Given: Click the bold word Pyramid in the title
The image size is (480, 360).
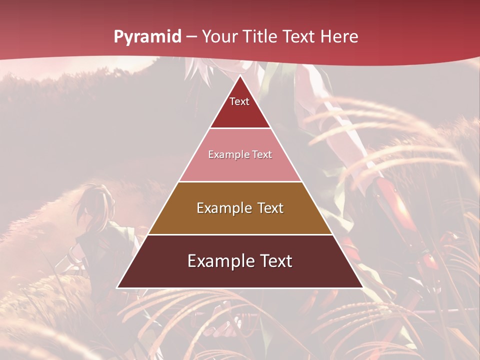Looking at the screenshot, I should click(x=147, y=37).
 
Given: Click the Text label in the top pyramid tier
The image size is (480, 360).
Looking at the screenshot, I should click(x=239, y=101).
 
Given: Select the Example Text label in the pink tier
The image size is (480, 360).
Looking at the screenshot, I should click(x=240, y=155).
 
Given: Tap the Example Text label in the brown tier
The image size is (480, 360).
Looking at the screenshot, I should click(x=240, y=208).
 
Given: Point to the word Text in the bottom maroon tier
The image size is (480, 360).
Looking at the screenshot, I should click(x=274, y=261).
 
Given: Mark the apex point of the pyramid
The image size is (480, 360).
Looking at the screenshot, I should click(x=240, y=75).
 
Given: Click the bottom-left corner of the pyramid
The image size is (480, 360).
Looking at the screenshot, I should click(x=117, y=287).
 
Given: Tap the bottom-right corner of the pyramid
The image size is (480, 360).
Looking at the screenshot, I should click(x=363, y=287).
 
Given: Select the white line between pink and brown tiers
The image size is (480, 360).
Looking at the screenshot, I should click(x=240, y=181).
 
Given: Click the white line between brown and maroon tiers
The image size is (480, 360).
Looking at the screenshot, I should click(x=240, y=234).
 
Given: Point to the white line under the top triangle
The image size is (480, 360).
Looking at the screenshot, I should click(x=240, y=128).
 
